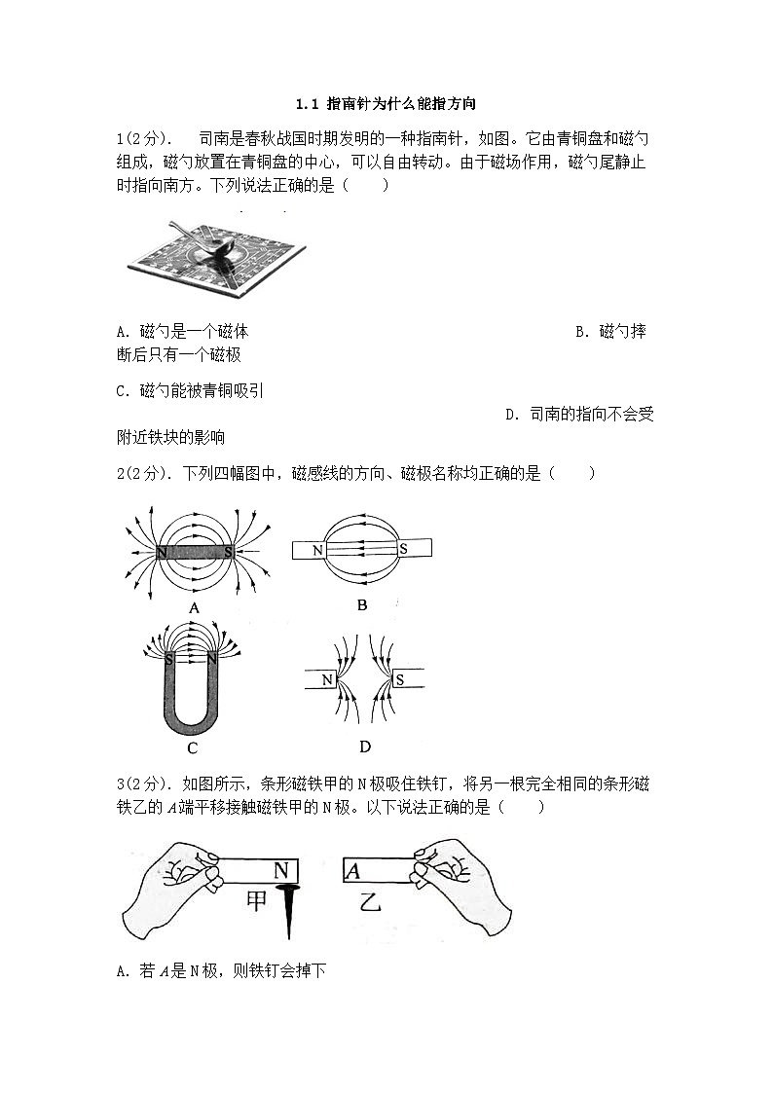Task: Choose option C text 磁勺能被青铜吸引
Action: point(189,391)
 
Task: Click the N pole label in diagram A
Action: point(160,553)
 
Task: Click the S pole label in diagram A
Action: point(228,553)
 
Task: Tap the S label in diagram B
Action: point(402,550)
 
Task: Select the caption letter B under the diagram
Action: point(362,605)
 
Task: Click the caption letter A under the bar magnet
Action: point(194,608)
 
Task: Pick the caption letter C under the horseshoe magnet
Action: point(192,747)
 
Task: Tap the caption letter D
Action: point(365,747)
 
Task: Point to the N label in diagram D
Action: point(328,679)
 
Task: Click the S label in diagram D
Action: point(398,679)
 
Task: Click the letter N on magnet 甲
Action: point(281,870)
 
